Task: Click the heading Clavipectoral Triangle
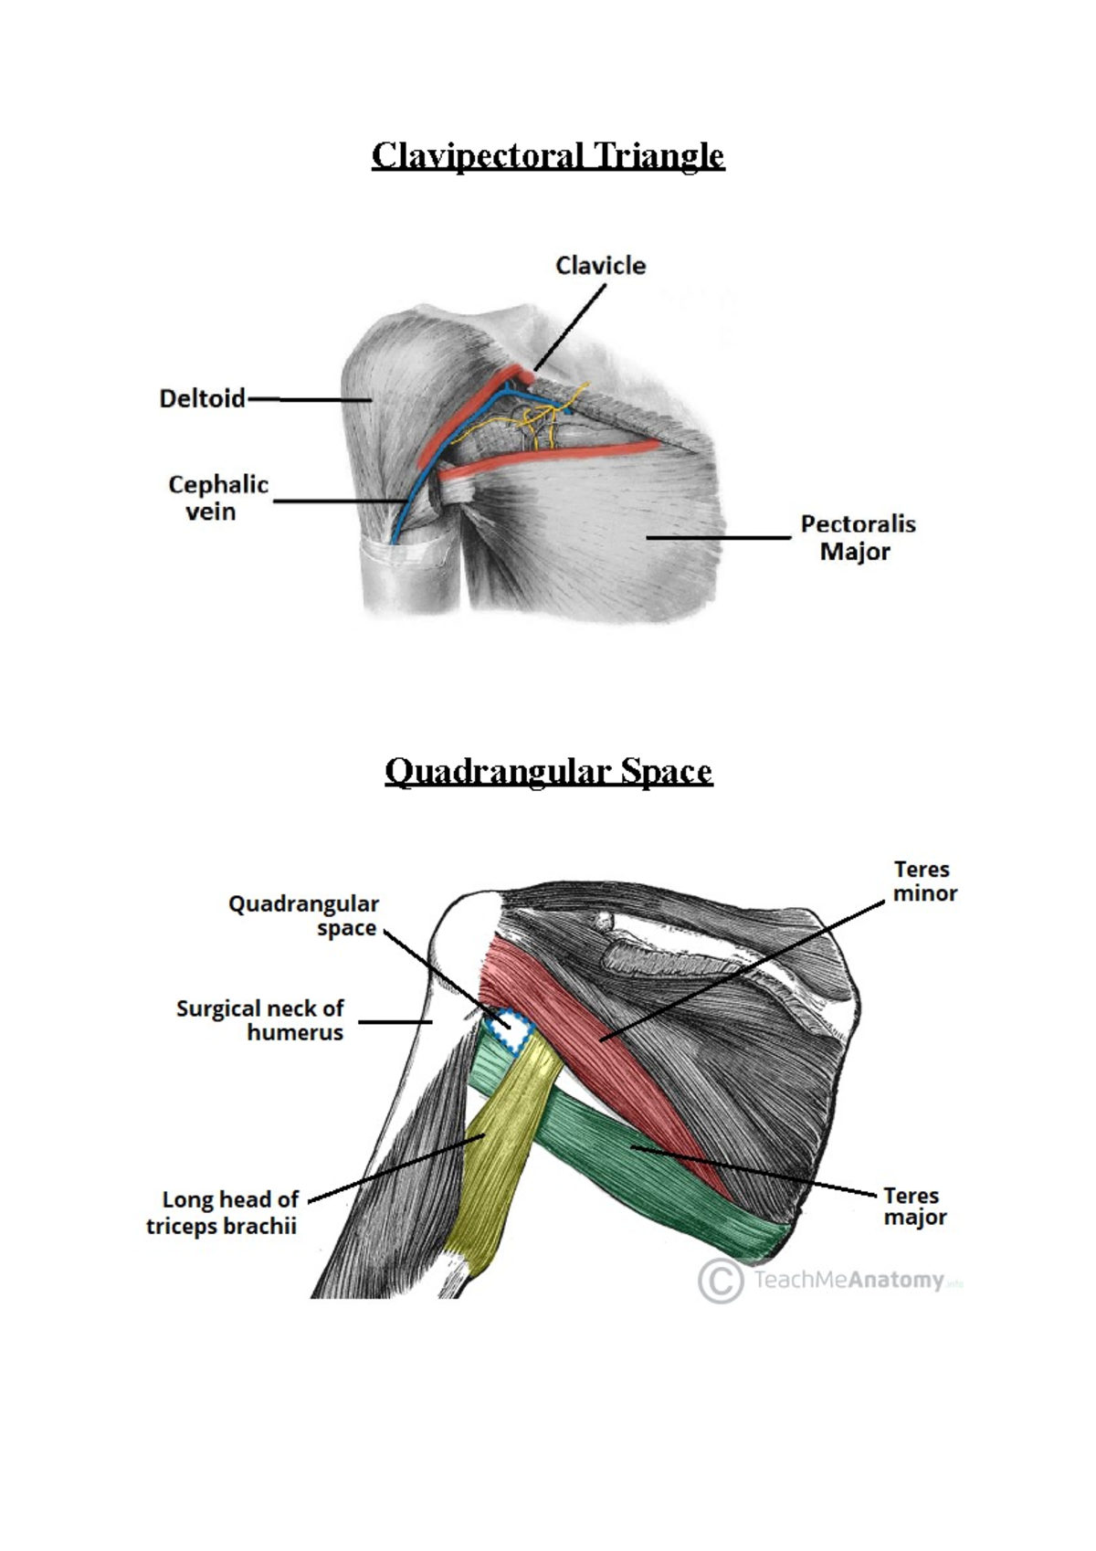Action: [x=547, y=155]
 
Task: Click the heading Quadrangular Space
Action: [x=548, y=772]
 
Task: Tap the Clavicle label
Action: [x=600, y=266]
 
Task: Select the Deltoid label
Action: [x=202, y=398]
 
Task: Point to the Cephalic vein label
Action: [x=217, y=498]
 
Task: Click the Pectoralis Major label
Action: [x=858, y=537]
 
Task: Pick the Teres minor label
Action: [x=923, y=881]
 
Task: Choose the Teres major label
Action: [x=914, y=1206]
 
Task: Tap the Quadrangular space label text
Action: [x=304, y=915]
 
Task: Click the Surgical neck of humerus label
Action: [x=260, y=1020]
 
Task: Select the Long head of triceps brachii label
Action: [x=223, y=1212]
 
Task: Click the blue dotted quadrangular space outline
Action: [x=508, y=1029]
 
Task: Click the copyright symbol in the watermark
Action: [x=720, y=1281]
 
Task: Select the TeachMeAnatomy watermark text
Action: [x=849, y=1280]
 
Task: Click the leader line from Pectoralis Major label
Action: [x=718, y=538]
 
